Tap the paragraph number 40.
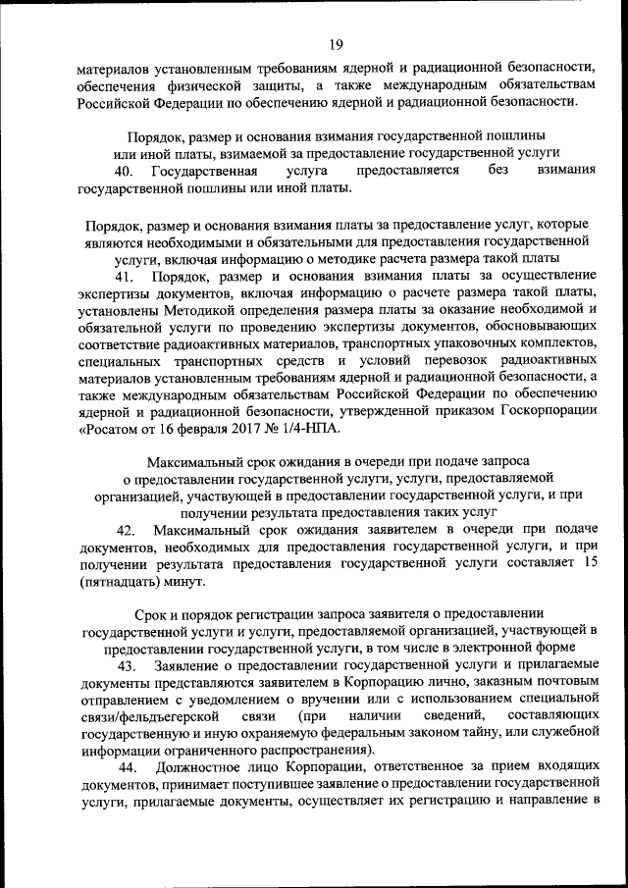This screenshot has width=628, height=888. click(x=123, y=170)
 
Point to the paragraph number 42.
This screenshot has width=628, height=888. click(x=124, y=530)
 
